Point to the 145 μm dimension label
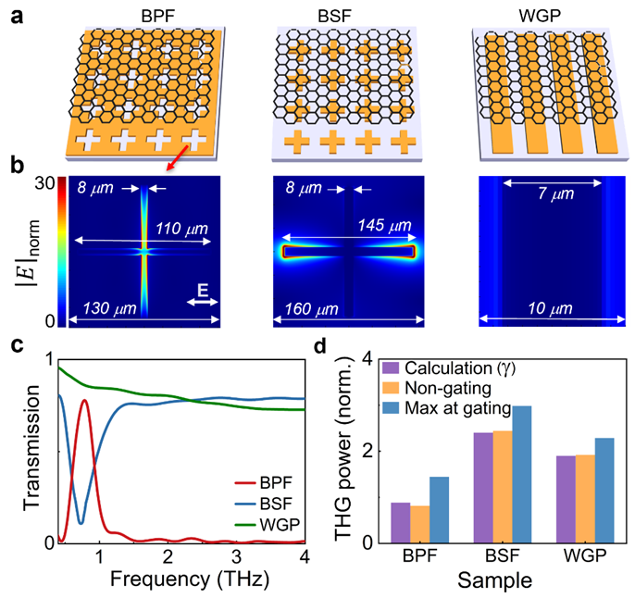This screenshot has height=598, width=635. point(389,228)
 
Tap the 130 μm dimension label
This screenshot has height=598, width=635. point(108,308)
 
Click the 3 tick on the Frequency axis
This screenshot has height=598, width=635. point(236,555)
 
